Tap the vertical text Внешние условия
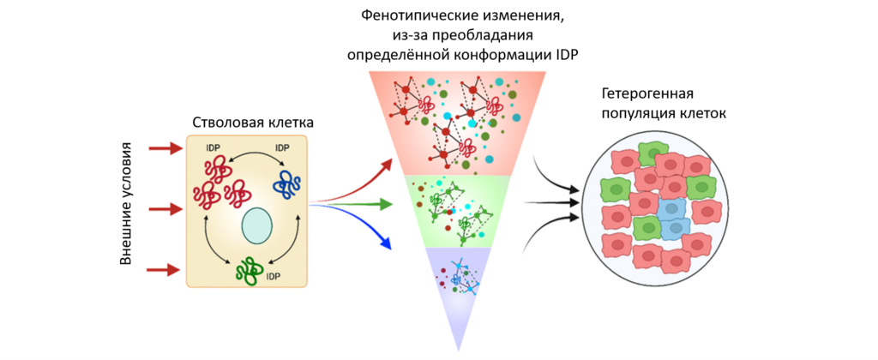click(x=127, y=206)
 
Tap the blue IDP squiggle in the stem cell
click(x=286, y=183)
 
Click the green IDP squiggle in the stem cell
click(x=251, y=270)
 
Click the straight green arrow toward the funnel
click(x=360, y=204)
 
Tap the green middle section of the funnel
click(x=454, y=210)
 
